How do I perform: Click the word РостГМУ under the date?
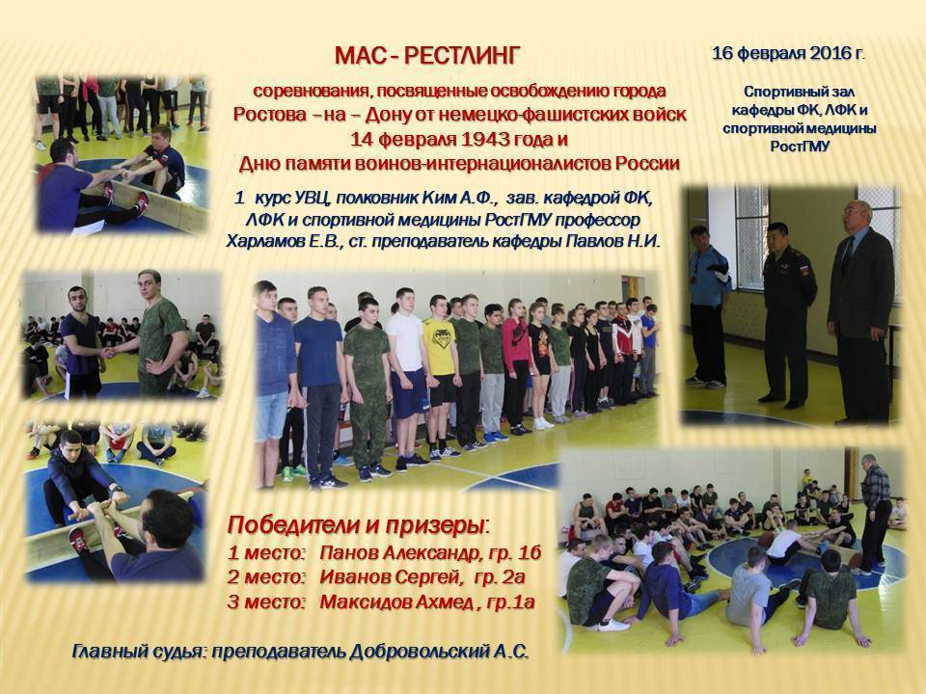point(801,147)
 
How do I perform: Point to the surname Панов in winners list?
point(349,552)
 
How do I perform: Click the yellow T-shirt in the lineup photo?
point(439,346)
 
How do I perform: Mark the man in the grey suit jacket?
point(859,312)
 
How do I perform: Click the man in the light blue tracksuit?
point(709,307)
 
